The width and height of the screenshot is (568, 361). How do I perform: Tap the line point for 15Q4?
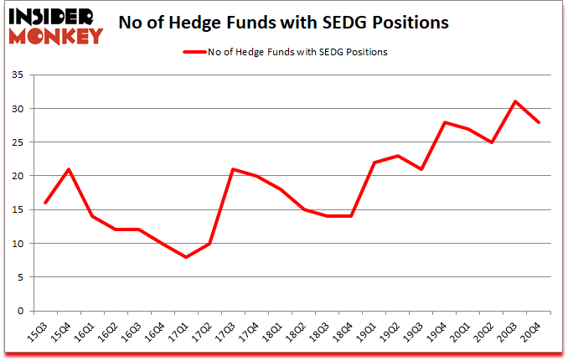coord(68,169)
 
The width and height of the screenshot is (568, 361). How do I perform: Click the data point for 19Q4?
coord(445,122)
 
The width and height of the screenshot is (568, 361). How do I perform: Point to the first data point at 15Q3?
coord(44,203)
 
